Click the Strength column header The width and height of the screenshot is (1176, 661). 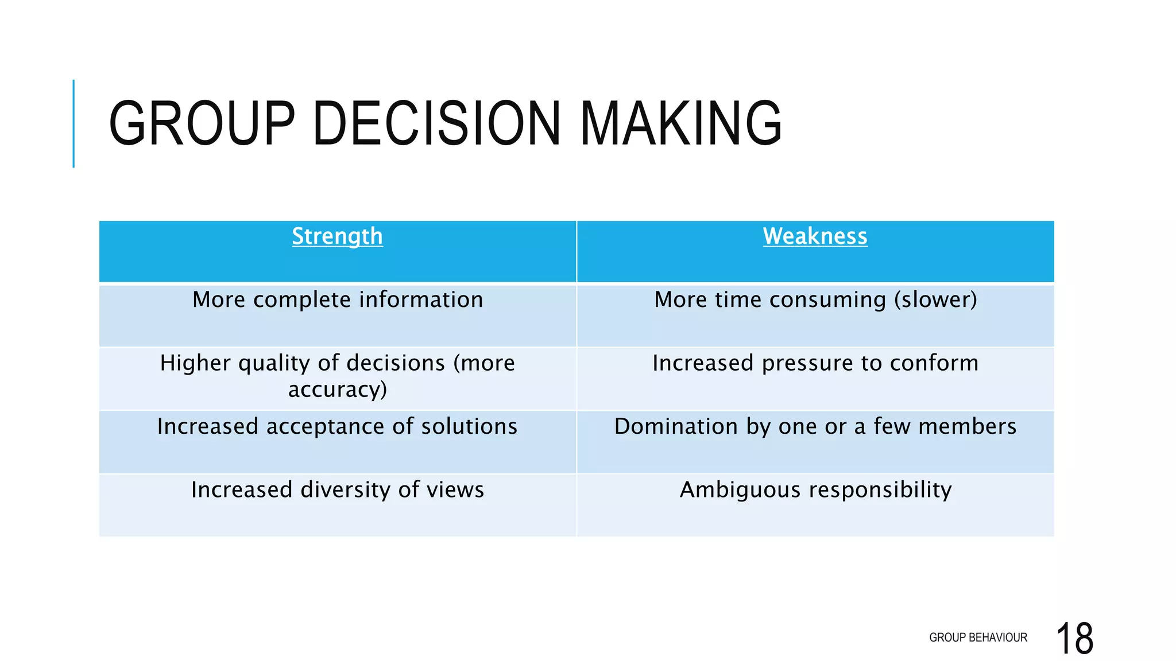(337, 236)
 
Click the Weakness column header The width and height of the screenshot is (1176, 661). (815, 236)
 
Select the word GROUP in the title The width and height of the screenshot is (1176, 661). (202, 123)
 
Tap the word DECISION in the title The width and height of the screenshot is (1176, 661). (436, 123)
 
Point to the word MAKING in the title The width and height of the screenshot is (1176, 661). (681, 123)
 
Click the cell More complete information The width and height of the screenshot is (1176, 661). (338, 300)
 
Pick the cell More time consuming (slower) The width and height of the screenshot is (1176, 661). (815, 300)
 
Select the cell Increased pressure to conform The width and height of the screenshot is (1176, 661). (815, 363)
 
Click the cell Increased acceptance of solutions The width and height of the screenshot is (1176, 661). (338, 427)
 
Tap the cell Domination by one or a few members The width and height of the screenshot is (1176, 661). (815, 427)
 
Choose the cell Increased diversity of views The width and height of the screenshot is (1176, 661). (338, 490)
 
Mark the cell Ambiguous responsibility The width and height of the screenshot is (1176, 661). (815, 490)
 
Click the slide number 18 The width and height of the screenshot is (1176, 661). (1074, 638)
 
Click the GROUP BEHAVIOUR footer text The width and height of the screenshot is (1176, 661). (978, 637)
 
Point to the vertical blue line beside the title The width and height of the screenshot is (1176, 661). (73, 123)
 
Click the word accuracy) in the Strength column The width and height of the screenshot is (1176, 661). (338, 390)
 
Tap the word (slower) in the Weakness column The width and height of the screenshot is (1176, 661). (935, 300)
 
